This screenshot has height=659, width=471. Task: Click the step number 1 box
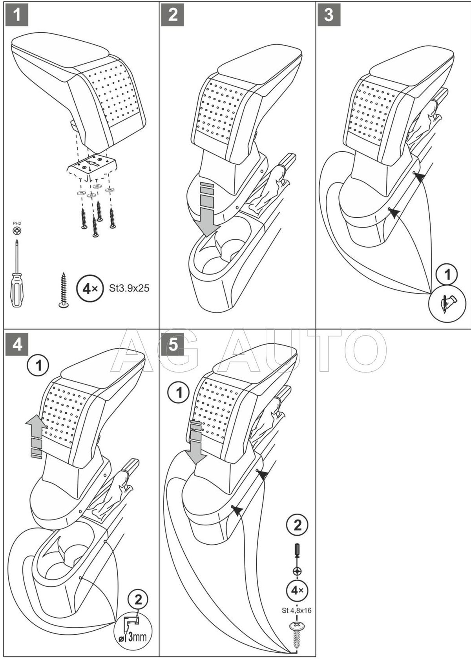point(16,15)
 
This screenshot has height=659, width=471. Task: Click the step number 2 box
point(173,15)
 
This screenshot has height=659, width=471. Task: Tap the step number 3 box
point(329,15)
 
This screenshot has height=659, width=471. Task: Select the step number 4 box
point(16,344)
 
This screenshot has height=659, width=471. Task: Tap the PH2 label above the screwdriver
point(16,224)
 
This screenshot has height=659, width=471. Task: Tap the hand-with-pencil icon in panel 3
point(447,303)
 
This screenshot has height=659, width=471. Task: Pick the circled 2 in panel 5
point(298,525)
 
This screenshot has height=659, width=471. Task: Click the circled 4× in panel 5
point(298,590)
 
